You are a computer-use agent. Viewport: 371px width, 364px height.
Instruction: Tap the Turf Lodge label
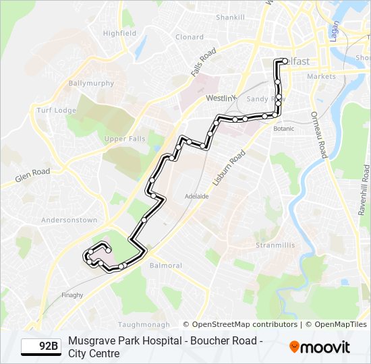coord(56,111)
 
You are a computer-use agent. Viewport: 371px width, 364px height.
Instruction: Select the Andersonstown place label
coord(69,220)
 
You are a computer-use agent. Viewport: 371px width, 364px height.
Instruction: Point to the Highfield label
coord(119,33)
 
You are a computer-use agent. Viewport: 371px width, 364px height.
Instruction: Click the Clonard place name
coord(190,37)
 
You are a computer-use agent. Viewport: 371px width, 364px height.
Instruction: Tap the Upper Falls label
coord(125,139)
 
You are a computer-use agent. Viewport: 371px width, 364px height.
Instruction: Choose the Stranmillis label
coord(275,245)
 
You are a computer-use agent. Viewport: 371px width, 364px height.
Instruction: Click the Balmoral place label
coord(165,265)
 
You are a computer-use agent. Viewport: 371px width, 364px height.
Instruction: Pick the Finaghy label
coord(72,295)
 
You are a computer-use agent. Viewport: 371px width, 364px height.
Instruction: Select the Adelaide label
coord(197,196)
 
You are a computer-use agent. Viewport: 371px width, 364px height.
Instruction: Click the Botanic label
coord(284,128)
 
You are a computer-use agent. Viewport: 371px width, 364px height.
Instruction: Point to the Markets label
coord(321,77)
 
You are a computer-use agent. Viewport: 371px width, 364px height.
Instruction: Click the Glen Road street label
coord(33,176)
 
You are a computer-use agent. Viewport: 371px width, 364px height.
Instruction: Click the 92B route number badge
coord(40,346)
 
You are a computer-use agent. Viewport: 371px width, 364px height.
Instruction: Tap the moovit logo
coord(320,347)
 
